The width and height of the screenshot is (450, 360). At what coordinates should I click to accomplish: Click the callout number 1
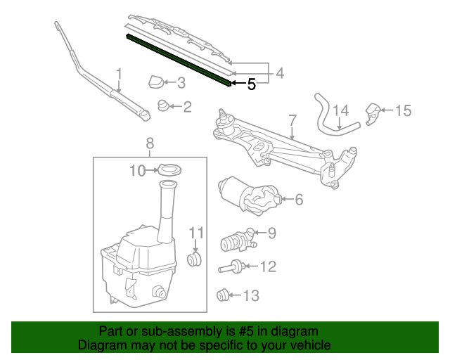(x=119, y=73)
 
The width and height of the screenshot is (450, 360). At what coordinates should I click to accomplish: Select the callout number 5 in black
(x=251, y=85)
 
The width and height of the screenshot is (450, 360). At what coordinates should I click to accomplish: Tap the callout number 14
(x=340, y=110)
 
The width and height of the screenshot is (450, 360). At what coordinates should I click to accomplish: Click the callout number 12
(x=268, y=266)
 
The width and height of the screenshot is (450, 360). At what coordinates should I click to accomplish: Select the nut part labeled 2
(x=162, y=106)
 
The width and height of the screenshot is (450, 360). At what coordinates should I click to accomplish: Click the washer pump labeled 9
(x=236, y=241)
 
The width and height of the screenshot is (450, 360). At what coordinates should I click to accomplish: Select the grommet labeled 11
(x=195, y=259)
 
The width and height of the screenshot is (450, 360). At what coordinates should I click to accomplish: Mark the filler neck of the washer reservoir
(x=167, y=207)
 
